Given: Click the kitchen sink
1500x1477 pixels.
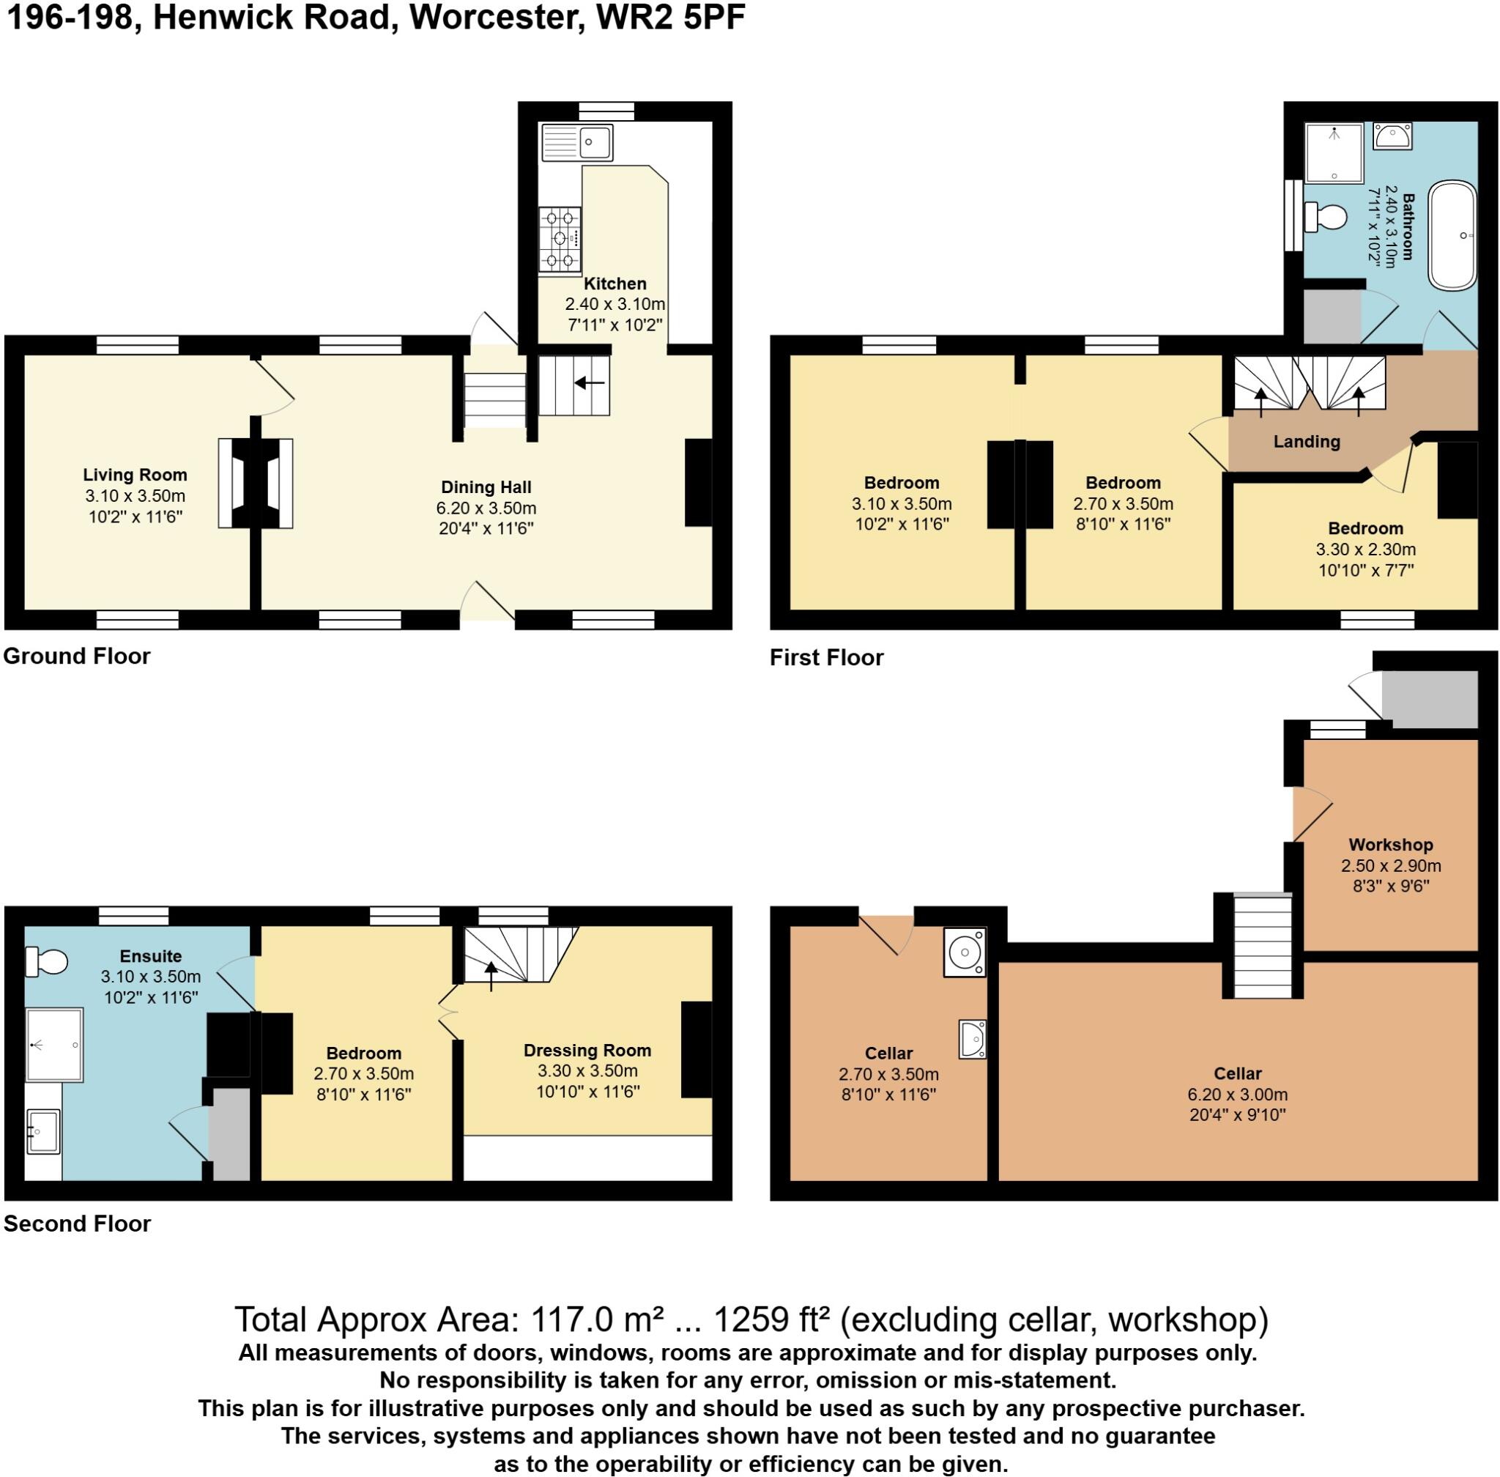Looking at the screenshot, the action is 577,142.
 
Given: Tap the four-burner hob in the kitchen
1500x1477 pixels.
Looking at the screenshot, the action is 560,239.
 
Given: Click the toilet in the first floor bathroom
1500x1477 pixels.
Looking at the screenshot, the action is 1326,216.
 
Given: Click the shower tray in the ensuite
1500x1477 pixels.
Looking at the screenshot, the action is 54,1044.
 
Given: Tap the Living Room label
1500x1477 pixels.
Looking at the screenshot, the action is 135,475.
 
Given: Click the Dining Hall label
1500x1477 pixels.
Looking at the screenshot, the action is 486,487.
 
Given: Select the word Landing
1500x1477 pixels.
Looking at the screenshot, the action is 1307,441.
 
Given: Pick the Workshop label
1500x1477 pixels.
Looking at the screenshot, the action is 1391,845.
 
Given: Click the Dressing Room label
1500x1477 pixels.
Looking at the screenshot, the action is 587,1051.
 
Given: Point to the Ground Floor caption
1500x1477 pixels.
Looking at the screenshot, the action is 77,656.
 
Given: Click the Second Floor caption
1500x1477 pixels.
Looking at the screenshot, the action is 77,1224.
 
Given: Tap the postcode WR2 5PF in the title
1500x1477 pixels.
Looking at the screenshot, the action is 671,18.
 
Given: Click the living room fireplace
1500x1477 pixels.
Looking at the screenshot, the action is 255,484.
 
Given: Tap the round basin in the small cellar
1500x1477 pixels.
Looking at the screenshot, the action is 965,951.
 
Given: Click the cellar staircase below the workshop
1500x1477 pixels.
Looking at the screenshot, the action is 1263,945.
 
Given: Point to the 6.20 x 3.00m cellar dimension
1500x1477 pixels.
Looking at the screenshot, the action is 1238,1095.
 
